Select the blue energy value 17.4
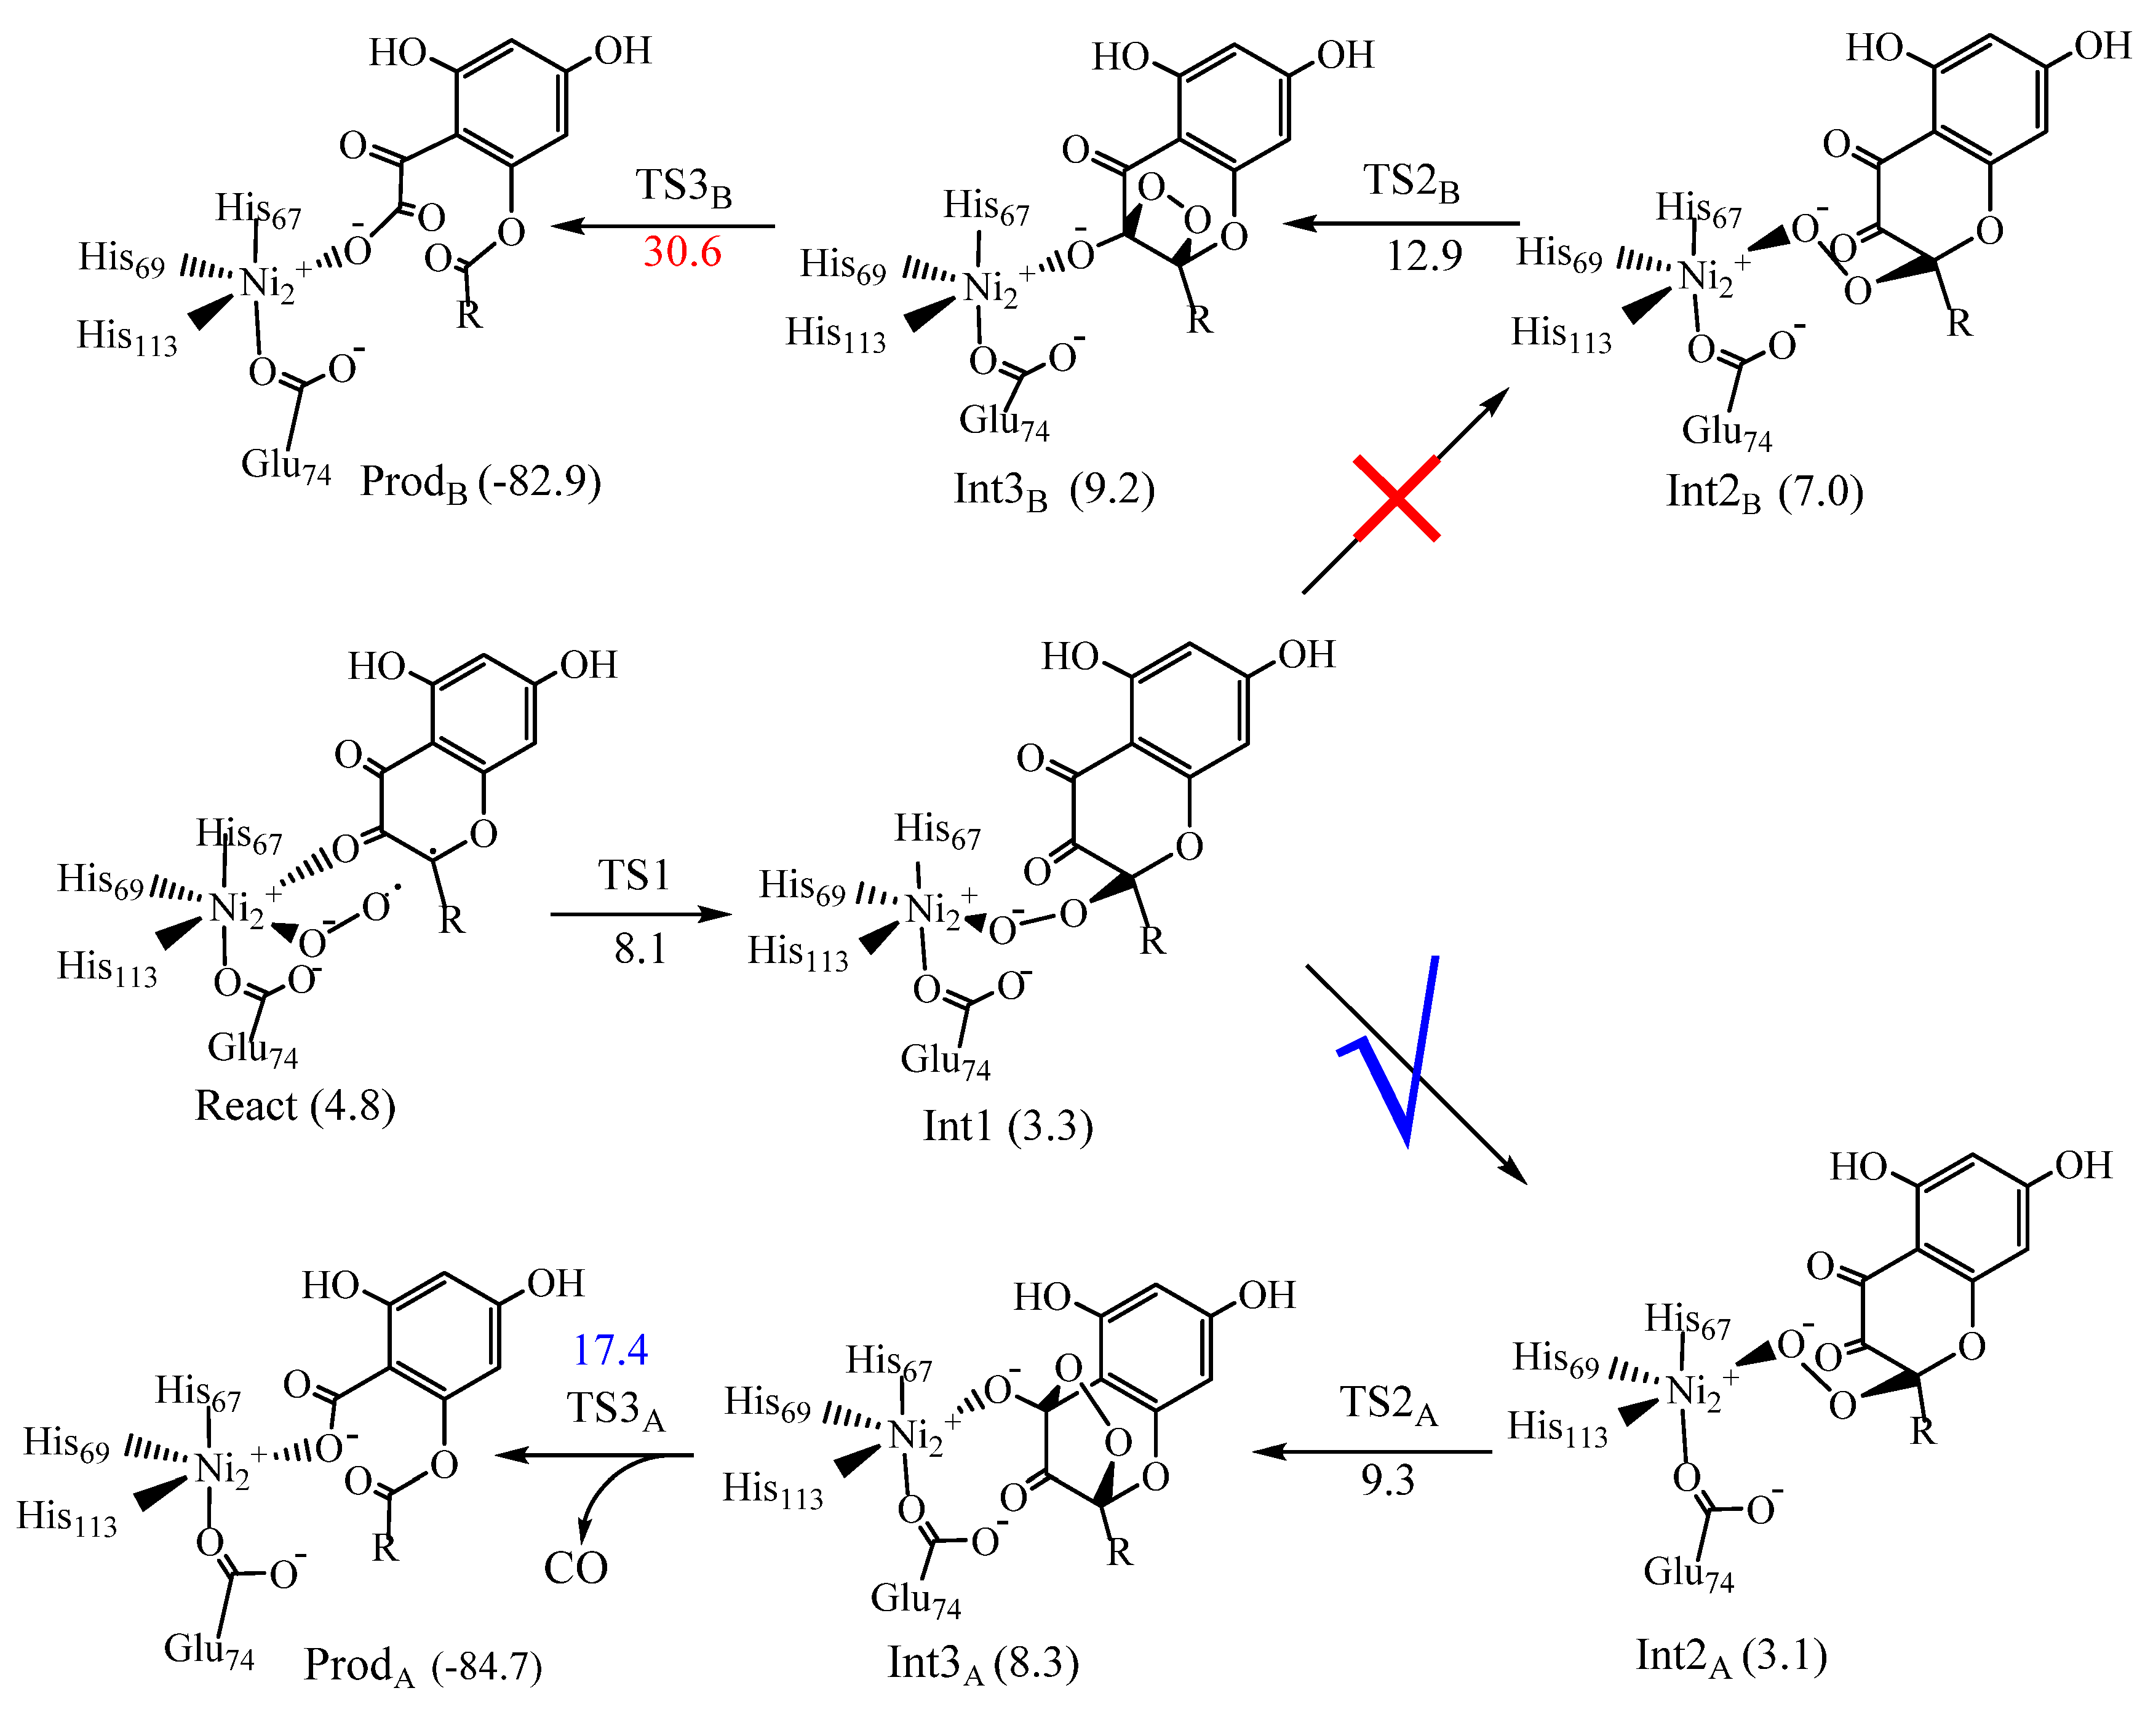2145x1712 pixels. tap(610, 1350)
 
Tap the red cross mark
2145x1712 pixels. tap(1396, 498)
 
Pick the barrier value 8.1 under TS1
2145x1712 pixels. tap(640, 949)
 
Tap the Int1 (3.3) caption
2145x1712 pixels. tap(1008, 1126)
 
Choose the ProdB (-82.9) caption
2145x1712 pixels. tap(480, 483)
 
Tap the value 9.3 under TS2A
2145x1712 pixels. tap(1388, 1480)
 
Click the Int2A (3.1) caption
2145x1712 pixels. tap(1731, 1656)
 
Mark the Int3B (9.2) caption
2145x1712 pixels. tap(1054, 489)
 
